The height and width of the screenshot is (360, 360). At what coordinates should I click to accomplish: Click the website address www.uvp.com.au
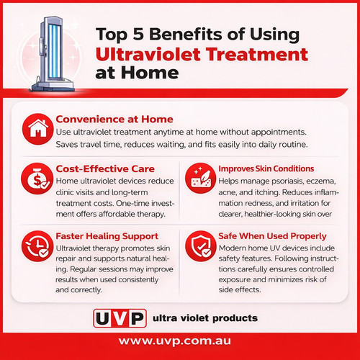(179, 343)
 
